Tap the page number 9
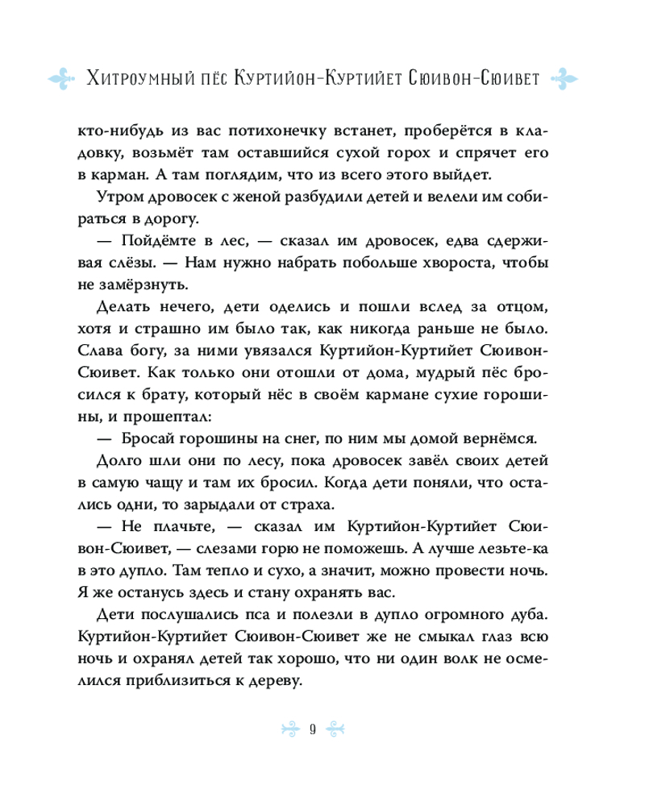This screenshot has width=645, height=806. (312, 729)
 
